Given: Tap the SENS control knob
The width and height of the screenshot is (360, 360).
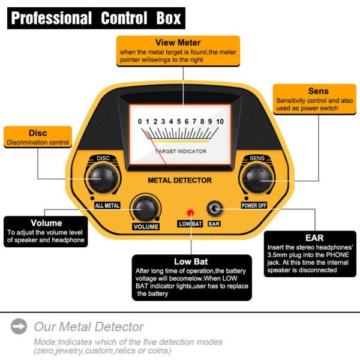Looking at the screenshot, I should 258,178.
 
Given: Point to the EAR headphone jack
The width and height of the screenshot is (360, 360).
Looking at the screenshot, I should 214,209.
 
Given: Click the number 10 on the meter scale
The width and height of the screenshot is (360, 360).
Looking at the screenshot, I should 220,122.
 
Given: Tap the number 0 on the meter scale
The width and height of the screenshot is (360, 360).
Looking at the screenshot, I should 140,122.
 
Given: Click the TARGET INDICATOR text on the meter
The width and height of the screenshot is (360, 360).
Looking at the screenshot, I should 181,151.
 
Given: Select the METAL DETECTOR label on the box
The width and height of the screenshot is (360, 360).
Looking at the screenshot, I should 179,180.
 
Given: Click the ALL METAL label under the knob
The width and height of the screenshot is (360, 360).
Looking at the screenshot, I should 107,205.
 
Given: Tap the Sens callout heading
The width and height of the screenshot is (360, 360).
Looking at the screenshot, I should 318,91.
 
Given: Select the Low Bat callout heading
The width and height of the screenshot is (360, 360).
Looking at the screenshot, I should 191,262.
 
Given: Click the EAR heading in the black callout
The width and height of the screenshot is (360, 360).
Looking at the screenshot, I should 314,238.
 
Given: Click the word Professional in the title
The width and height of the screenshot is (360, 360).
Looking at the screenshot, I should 52,18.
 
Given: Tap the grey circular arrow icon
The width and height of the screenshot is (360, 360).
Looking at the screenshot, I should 19,327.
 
